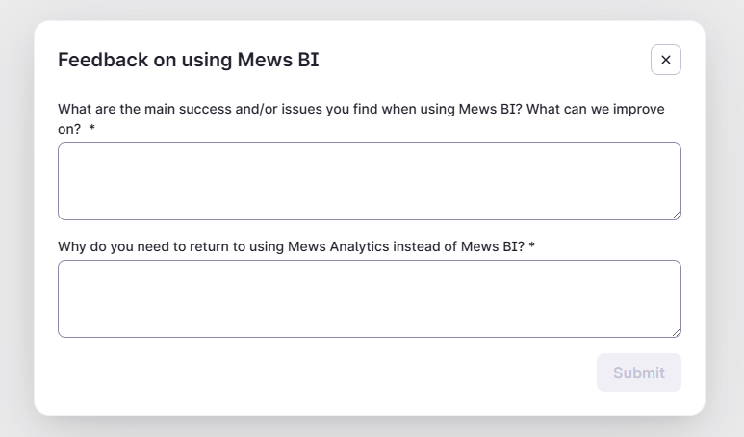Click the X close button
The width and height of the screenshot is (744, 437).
666,60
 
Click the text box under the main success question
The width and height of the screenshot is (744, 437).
369,181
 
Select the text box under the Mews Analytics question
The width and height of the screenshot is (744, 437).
369,298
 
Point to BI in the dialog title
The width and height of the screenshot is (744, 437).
308,60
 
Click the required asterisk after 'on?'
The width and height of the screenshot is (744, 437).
92,128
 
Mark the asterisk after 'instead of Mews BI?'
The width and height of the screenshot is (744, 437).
531,246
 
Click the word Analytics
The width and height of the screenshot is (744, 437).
361,246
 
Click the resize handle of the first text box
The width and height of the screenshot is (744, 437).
676,215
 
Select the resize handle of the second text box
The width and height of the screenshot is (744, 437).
676,332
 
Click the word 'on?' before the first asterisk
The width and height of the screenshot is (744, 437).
69,128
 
